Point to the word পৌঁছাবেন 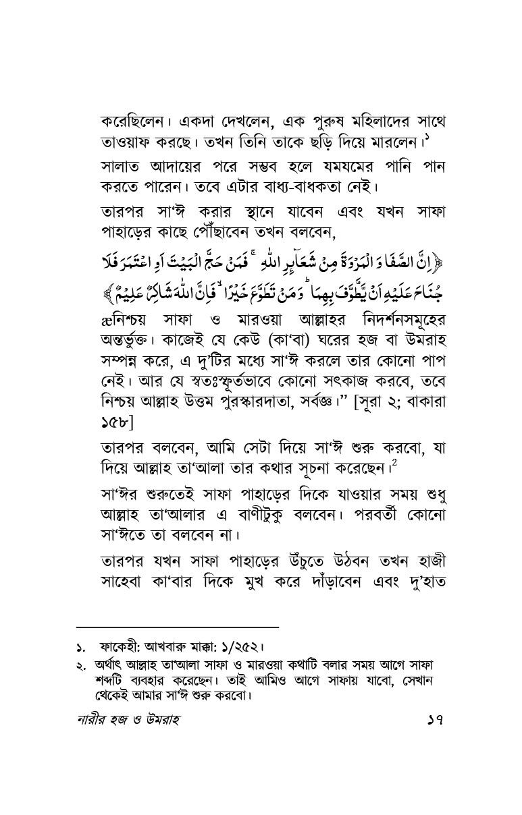232,234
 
